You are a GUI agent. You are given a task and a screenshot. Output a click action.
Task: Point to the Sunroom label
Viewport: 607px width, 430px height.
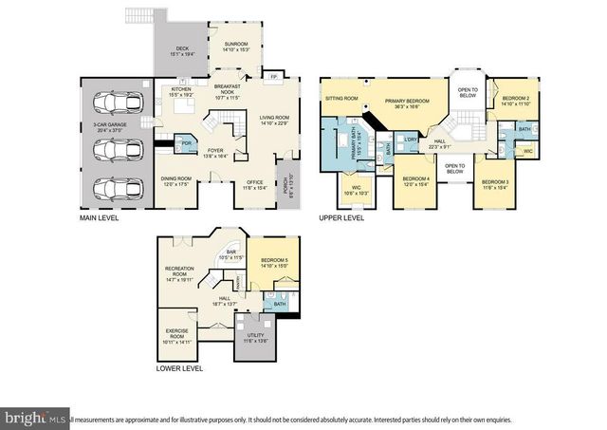pos(234,46)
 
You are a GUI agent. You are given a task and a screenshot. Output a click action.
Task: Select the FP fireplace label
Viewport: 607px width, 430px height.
pos(273,77)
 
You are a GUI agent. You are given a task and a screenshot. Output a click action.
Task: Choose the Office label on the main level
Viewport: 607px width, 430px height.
pos(254,184)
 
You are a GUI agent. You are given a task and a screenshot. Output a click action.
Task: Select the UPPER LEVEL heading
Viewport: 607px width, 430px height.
pos(341,217)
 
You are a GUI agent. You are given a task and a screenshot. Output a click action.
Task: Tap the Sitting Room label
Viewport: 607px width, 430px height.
pos(340,98)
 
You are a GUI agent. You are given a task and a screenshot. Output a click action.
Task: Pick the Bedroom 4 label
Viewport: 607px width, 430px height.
pos(415,181)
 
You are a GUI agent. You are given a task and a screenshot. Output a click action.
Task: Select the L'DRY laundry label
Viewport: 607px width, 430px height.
pos(410,140)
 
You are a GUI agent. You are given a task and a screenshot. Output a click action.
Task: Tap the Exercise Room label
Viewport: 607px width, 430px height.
pos(177,335)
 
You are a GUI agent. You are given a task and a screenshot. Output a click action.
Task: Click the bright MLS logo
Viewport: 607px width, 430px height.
pos(34,417)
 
